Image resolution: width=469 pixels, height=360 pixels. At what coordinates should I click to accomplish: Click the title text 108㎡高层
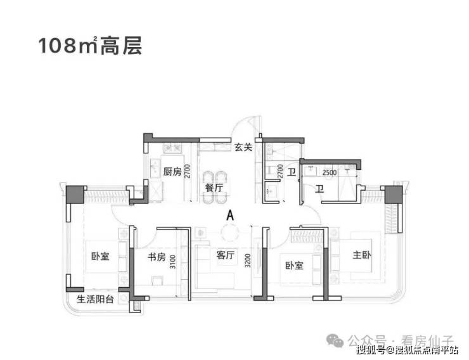click(89, 46)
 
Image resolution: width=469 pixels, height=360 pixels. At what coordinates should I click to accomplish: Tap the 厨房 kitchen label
click(172, 172)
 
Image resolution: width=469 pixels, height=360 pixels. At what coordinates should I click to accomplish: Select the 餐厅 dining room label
click(214, 188)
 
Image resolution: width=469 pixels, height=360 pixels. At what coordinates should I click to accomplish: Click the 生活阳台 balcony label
click(95, 299)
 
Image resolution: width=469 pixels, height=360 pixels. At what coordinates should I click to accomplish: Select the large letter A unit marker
click(230, 215)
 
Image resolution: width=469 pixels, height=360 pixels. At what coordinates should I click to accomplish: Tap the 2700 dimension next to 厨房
click(188, 172)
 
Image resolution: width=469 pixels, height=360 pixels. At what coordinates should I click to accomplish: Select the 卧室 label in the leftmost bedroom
click(100, 257)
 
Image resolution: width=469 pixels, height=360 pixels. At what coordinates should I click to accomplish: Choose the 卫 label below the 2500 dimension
click(319, 188)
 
